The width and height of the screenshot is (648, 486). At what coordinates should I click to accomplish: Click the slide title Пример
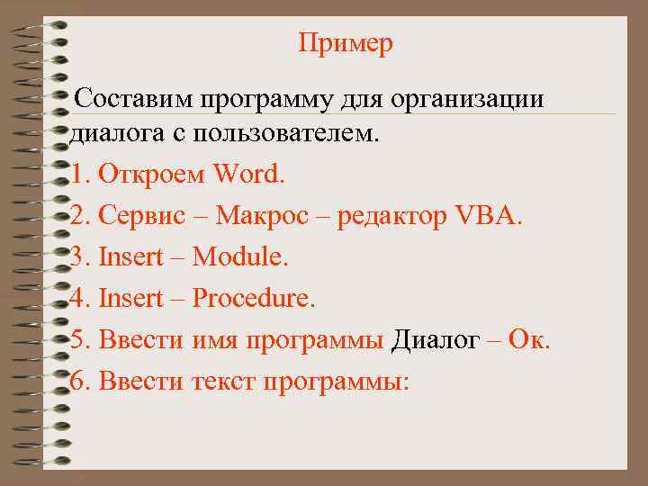[346, 44]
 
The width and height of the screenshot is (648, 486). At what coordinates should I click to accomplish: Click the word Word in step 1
[249, 173]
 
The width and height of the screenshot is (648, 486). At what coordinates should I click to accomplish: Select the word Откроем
[152, 173]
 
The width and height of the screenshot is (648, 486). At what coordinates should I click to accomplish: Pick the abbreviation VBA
[489, 215]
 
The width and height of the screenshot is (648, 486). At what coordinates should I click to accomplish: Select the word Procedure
[254, 298]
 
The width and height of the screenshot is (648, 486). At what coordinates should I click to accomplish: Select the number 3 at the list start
[77, 256]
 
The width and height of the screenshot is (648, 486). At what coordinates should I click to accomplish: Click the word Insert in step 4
[130, 298]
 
